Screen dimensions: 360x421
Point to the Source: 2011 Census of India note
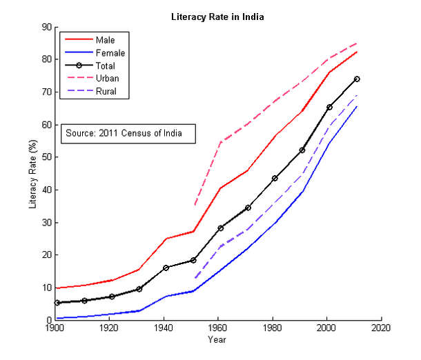coord(124,133)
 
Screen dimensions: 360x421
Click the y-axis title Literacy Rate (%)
coord(32,174)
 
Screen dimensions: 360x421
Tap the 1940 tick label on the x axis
coord(164,328)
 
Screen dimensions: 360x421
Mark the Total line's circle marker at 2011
coord(357,79)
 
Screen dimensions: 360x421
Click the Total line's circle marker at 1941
coord(166,268)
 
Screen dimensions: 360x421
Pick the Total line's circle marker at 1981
coord(275,178)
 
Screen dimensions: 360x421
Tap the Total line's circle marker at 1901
coord(58,303)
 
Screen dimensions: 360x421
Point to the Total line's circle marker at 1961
coord(221,228)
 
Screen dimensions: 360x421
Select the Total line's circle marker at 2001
coord(329,107)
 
